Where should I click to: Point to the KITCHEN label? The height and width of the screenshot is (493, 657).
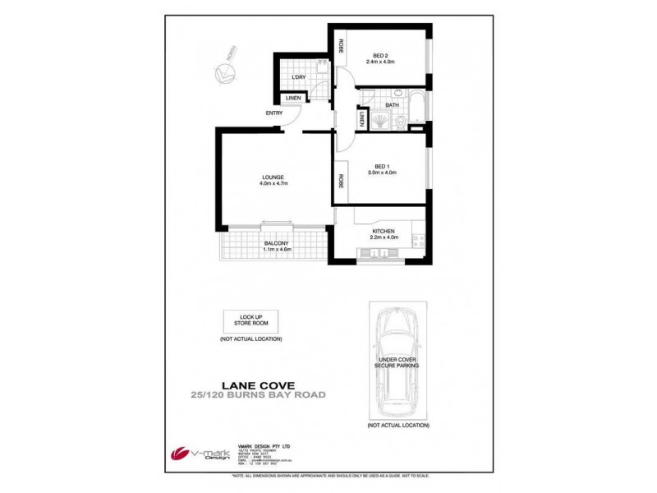(384, 232)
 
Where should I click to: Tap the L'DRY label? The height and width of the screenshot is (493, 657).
(297, 78)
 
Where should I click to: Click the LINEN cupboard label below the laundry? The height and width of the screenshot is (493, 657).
(293, 99)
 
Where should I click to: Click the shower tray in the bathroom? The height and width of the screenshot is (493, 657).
(380, 121)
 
